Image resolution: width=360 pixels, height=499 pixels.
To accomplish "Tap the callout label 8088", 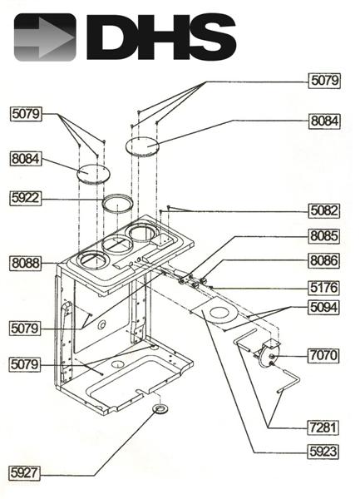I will coord(27,263).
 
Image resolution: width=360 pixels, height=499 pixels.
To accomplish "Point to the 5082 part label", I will coord(323,210).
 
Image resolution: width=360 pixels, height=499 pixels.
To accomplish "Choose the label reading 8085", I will coord(323,235).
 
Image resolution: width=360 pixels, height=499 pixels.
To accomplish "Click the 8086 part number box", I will coord(323,260).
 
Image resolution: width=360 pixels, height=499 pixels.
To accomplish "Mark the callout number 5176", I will coord(323,287).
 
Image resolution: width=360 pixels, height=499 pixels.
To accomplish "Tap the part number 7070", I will coord(323,355).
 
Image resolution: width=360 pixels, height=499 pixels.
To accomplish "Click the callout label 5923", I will coord(323,453).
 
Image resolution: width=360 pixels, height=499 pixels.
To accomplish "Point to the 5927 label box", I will coord(27,472).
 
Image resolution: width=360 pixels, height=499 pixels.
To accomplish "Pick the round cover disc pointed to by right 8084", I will coord(142,146).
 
